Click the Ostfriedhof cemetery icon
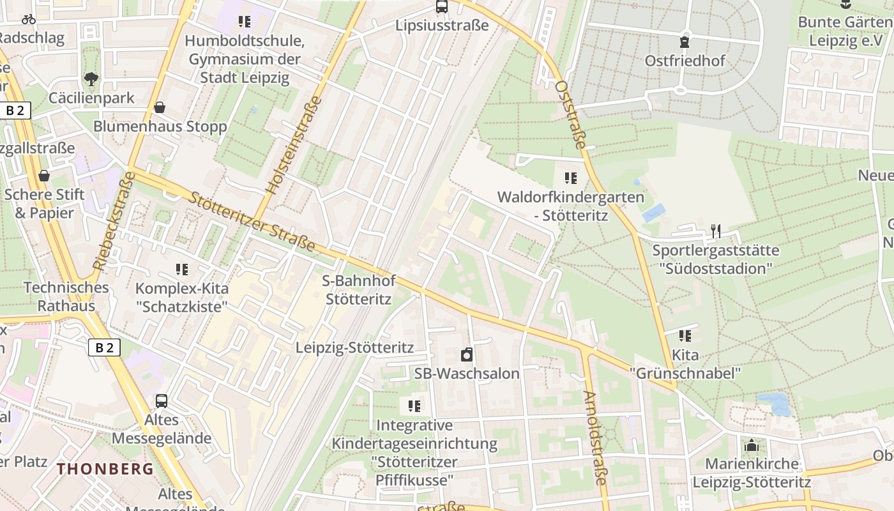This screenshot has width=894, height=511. point(685,43)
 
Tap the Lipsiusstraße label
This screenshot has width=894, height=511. point(442,26)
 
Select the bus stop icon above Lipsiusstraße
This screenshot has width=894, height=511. point(441,7)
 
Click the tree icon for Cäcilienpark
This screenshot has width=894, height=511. point(91,79)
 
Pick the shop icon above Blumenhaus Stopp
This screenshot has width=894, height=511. point(160,107)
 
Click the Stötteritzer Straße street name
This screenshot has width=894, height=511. point(252,220)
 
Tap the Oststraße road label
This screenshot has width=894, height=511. point(570,115)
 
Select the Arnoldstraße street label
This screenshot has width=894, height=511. point(595,438)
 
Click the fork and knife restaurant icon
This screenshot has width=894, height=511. point(716,231)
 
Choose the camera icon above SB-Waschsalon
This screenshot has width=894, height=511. point(467,355)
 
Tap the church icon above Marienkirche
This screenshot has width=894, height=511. point(752,445)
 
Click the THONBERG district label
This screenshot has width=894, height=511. point(105,469)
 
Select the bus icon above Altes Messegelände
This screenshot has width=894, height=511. point(162,401)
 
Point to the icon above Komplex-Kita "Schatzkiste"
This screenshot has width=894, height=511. point(182,270)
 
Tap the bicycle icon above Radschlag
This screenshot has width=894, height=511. point(29,19)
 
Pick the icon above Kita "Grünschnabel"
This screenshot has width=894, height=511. point(685,335)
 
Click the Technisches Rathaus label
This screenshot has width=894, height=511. point(66,296)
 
